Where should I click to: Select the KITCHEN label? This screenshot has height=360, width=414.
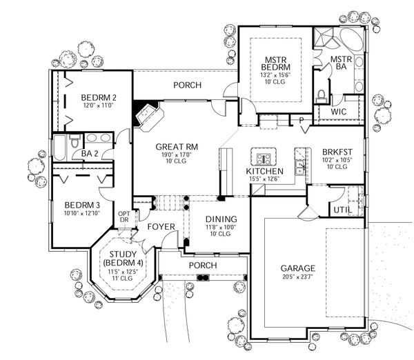pos(264,170)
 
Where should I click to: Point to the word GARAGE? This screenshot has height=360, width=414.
pos(298,268)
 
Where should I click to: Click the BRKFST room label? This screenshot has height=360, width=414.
pos(333,153)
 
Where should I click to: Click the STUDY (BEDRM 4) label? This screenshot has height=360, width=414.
pos(121,259)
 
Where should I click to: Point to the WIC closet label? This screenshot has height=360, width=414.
pos(338,111)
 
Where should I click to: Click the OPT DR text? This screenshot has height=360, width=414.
pos(125,218)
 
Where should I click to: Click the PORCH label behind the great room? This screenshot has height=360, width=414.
pos(188,86)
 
